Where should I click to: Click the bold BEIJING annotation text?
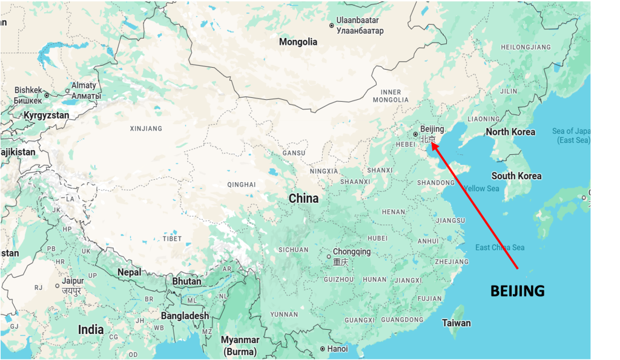pos(517,291)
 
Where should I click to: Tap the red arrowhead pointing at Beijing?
pos(434,145)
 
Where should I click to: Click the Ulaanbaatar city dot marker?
pos(331,25)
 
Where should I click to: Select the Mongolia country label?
pos(298,42)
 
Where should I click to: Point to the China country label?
pos(303,198)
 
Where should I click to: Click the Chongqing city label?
pos(352,252)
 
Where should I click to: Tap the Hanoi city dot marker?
pos(322,349)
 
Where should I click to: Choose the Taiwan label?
pos(456,322)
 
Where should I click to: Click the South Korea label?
pos(516,175)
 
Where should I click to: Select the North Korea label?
pos(510,132)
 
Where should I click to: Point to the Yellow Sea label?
pos(482,189)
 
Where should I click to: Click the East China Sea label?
pos(500,247)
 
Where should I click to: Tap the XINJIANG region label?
pos(147,128)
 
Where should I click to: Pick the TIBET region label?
pos(172,238)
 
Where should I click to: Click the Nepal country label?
pos(129,272)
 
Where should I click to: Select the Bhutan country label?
pos(186,281)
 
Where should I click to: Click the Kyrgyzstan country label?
pos(46,115)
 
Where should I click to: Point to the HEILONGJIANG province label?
pos(526,47)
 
